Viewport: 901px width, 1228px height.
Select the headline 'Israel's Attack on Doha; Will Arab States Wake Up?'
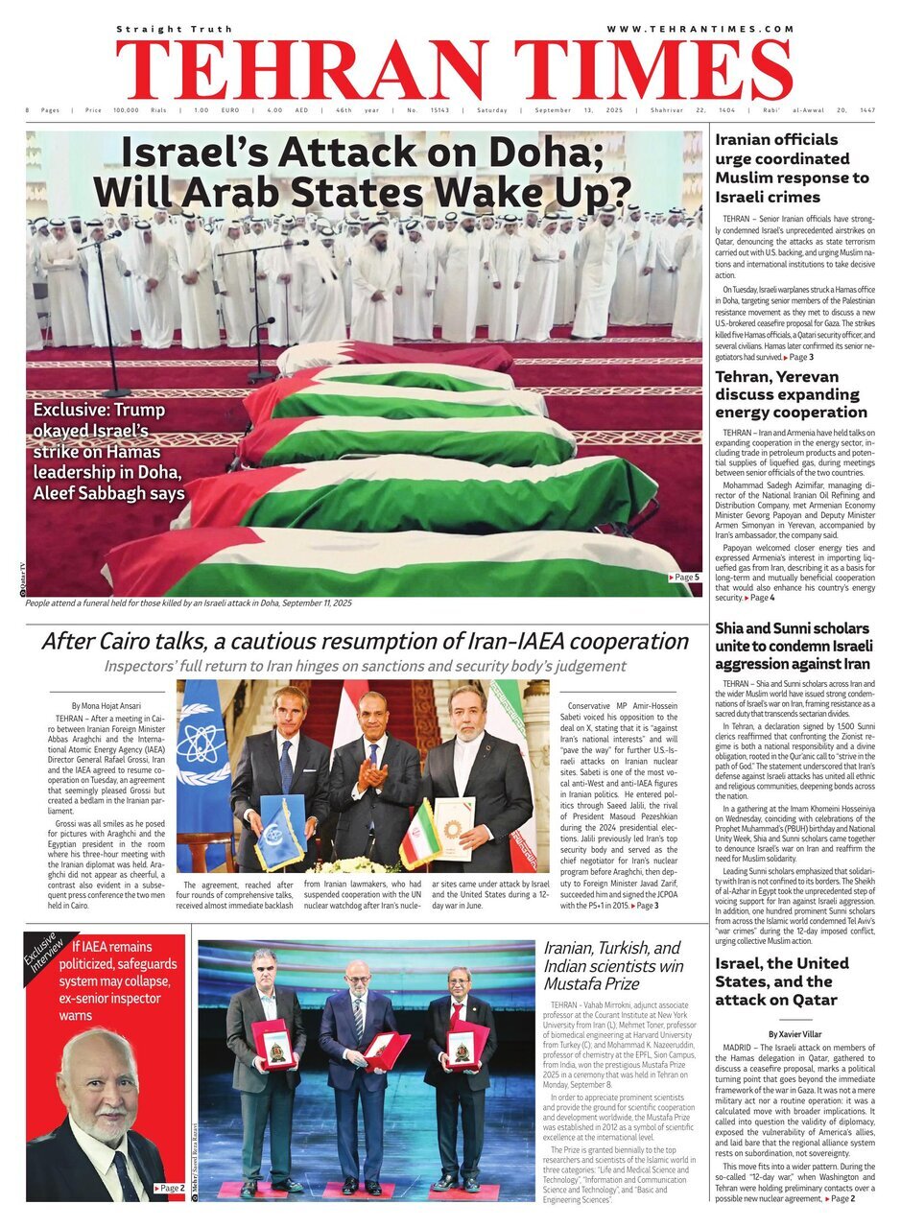pos(366,173)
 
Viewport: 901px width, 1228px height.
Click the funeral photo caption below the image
pos(189,603)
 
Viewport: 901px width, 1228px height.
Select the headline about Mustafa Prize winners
pos(612,966)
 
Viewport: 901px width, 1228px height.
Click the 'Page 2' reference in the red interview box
pos(169,1189)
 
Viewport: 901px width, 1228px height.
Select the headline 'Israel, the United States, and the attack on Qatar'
pos(781,981)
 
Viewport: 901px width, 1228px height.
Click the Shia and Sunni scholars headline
pos(792,646)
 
